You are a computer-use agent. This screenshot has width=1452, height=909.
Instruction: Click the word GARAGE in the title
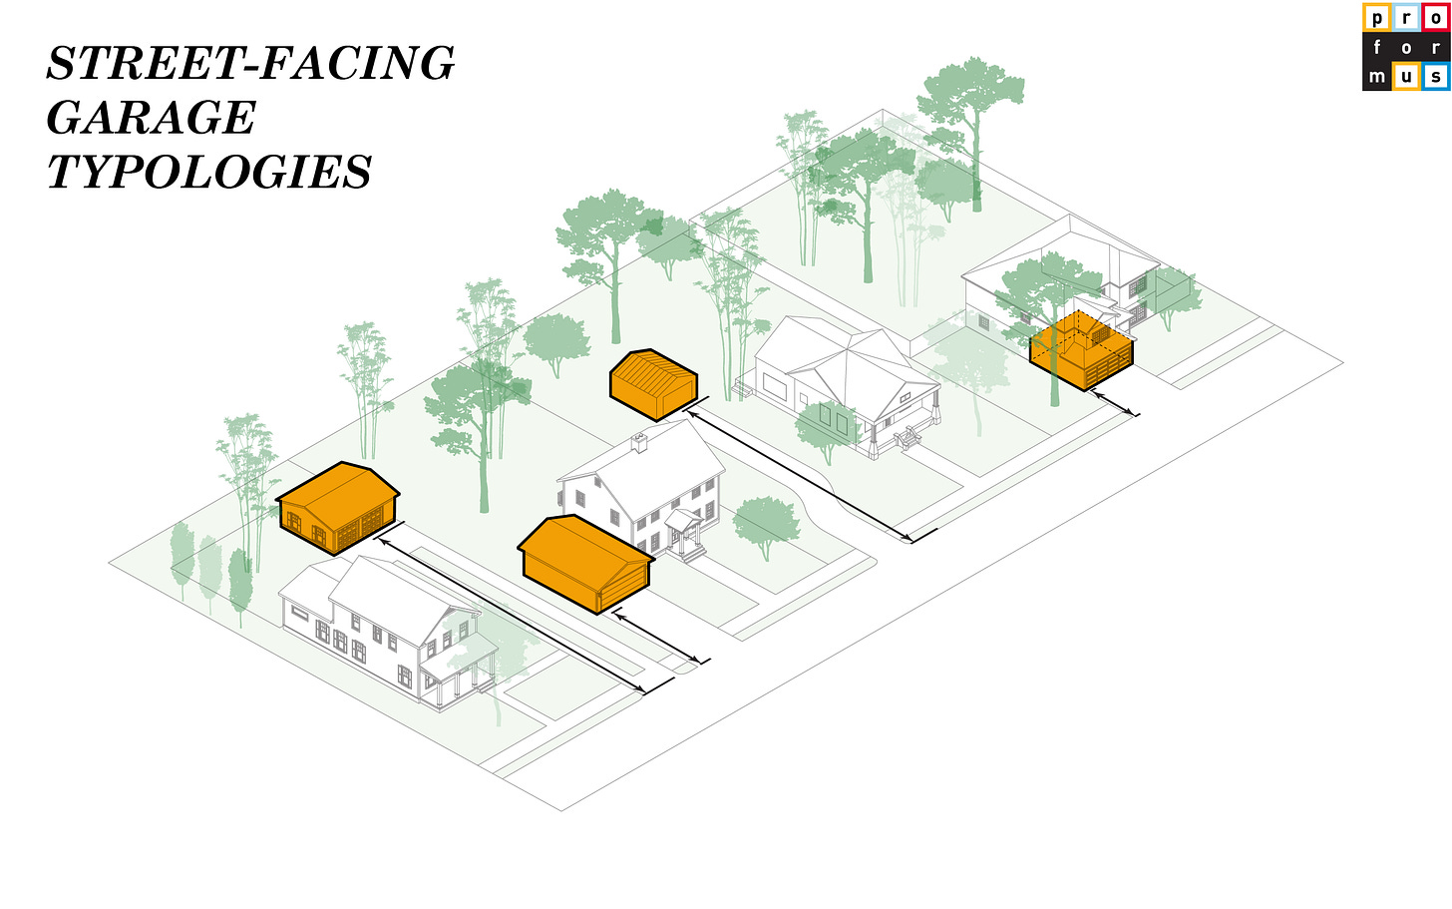tap(152, 118)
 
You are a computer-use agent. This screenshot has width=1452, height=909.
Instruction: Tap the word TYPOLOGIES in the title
tap(209, 173)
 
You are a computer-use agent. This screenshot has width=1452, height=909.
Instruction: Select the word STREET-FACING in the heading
tap(251, 64)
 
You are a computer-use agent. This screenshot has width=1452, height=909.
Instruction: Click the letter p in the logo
tap(1377, 18)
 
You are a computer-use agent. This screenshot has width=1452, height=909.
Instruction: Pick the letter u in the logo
tap(1406, 77)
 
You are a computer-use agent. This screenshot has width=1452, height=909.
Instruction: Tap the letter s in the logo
tap(1435, 77)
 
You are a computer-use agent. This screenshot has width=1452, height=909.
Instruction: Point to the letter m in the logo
tap(1377, 77)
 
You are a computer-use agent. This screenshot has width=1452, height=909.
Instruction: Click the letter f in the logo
tap(1377, 47)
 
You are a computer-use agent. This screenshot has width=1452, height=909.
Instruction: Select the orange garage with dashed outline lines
tap(1081, 351)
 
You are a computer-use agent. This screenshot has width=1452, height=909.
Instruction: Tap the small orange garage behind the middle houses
tap(653, 383)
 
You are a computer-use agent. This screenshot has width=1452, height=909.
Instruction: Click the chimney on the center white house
tap(639, 441)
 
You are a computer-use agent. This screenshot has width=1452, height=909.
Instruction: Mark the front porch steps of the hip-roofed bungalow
tap(908, 438)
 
